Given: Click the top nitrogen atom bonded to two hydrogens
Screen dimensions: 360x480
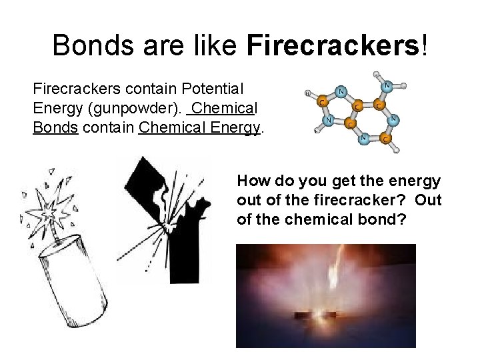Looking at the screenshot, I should [x=387, y=85].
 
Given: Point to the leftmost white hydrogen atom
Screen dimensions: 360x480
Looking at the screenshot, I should [x=306, y=93].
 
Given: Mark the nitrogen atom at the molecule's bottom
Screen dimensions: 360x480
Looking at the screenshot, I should [x=364, y=138].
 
